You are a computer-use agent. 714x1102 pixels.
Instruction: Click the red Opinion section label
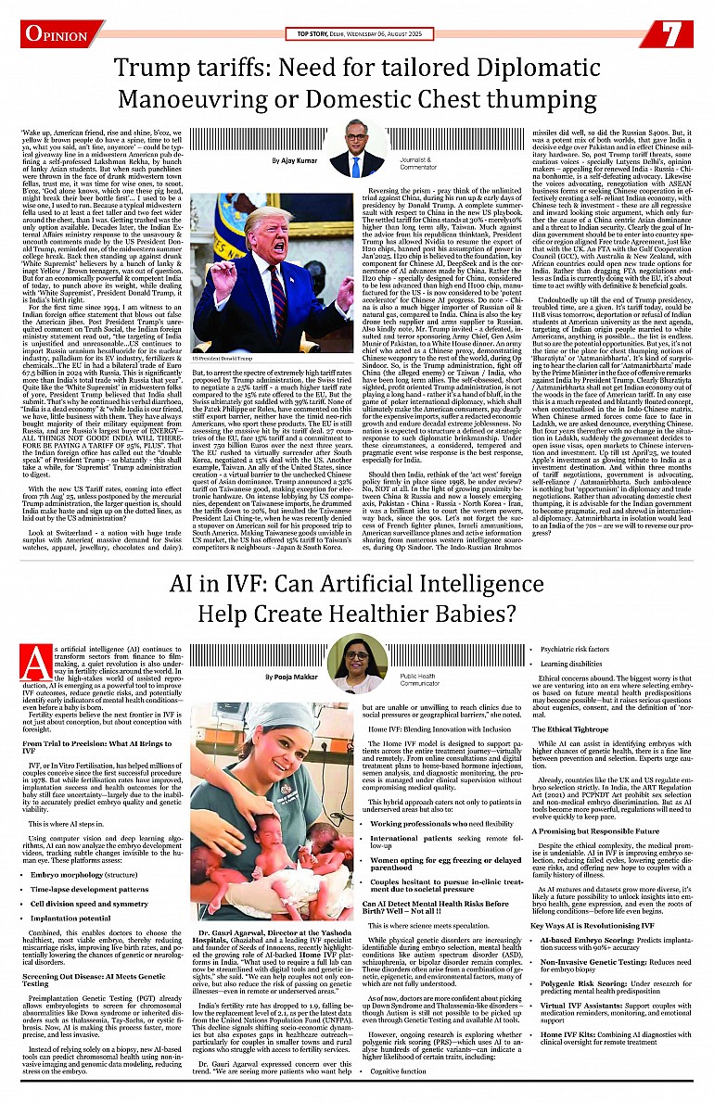tap(57, 33)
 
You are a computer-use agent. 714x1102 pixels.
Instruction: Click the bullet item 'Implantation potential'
tap(70, 918)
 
